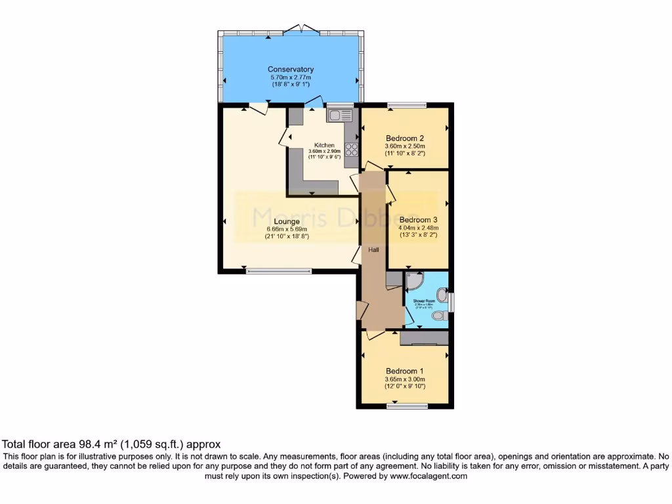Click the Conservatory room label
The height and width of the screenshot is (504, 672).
[291, 69]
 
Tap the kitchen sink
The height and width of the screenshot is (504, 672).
[340, 115]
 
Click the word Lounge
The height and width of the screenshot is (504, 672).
[287, 222]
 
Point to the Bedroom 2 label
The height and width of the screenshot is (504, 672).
[405, 138]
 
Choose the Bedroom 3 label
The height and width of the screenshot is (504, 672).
[418, 220]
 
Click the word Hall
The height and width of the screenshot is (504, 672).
[373, 250]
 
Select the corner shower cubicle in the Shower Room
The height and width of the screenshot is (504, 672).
[414, 282]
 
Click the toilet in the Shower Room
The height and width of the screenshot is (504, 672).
[439, 316]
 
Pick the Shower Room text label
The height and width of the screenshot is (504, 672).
[424, 301]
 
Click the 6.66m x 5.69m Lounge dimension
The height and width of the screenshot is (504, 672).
[287, 229]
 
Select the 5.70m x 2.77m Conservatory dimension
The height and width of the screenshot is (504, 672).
[291, 77]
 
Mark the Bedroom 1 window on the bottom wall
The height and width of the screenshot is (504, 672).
[406, 406]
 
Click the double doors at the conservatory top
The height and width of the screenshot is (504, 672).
[301, 30]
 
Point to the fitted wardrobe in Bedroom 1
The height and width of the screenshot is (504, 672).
[424, 339]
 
